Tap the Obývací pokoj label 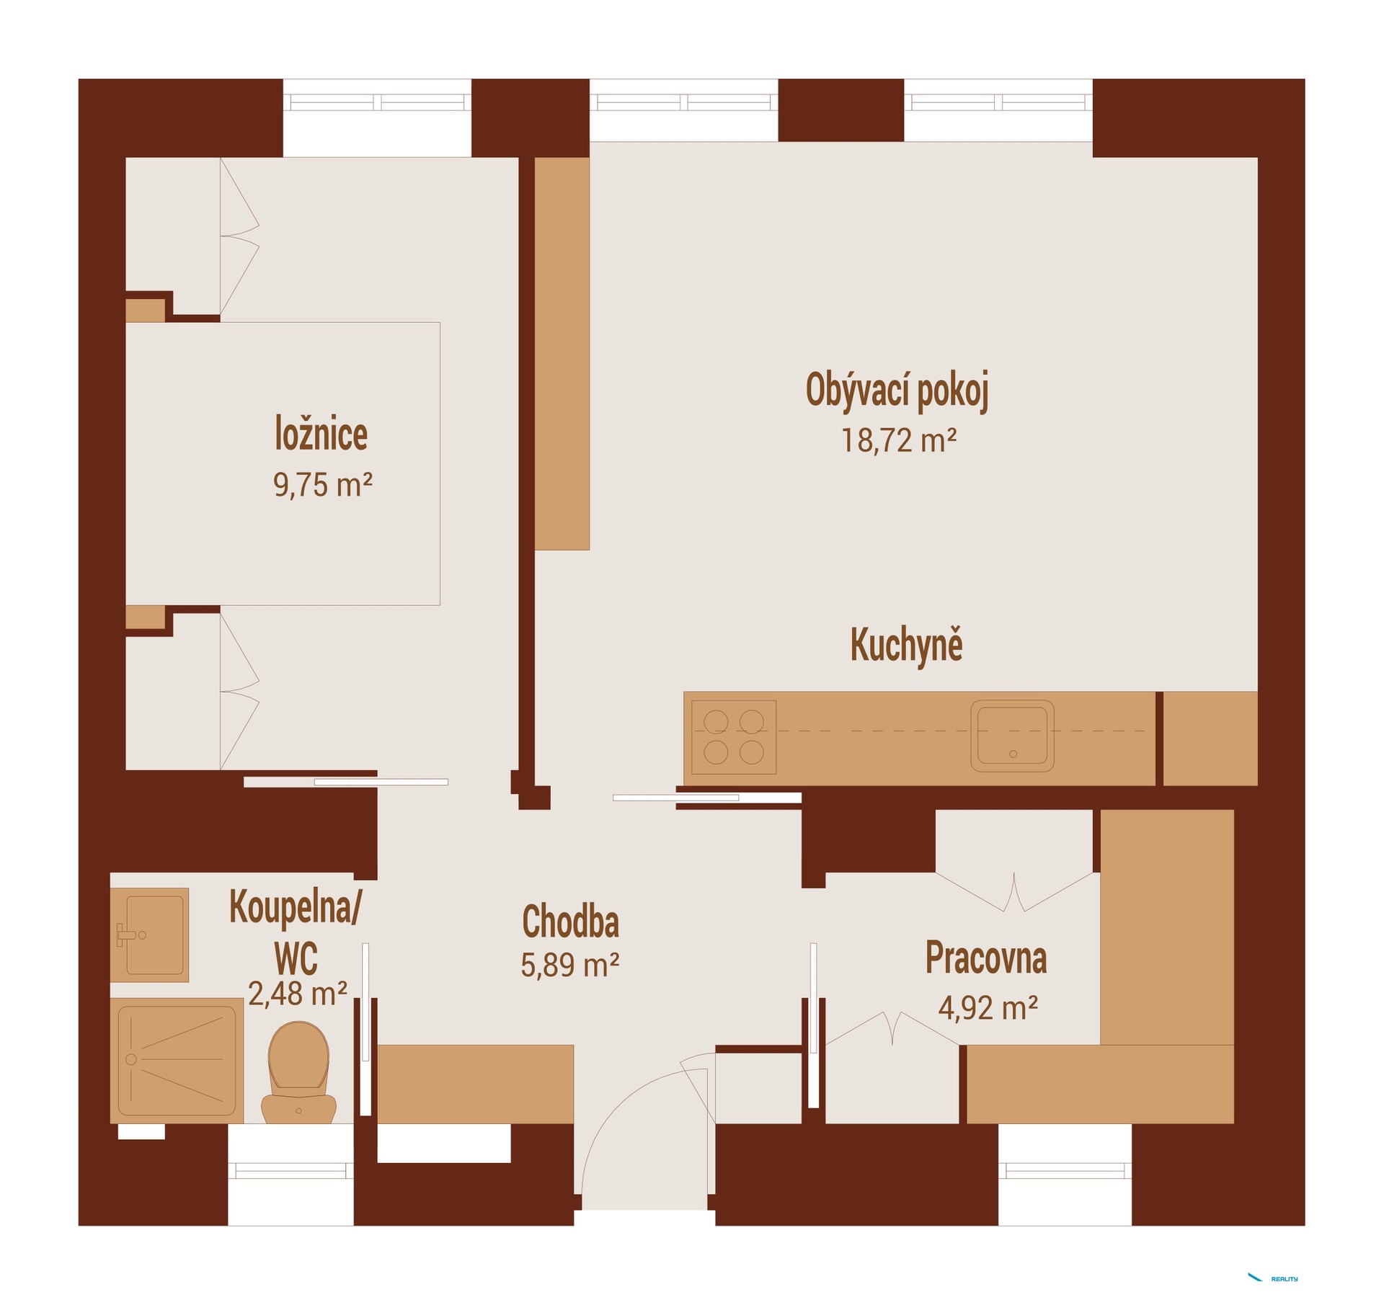point(897,391)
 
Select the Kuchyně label point(906,646)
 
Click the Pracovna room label point(985,958)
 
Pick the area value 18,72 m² point(899,440)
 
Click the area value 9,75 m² point(322,484)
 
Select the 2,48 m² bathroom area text point(298,994)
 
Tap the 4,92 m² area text point(988,1007)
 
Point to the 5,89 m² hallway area point(570,965)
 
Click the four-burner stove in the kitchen point(734,736)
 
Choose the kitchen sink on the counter point(1012,736)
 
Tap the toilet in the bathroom point(298,1072)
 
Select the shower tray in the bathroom point(177,1061)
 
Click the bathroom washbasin point(150,935)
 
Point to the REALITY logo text point(1285,1279)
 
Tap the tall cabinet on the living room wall point(562,354)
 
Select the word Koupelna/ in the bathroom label point(296,908)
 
